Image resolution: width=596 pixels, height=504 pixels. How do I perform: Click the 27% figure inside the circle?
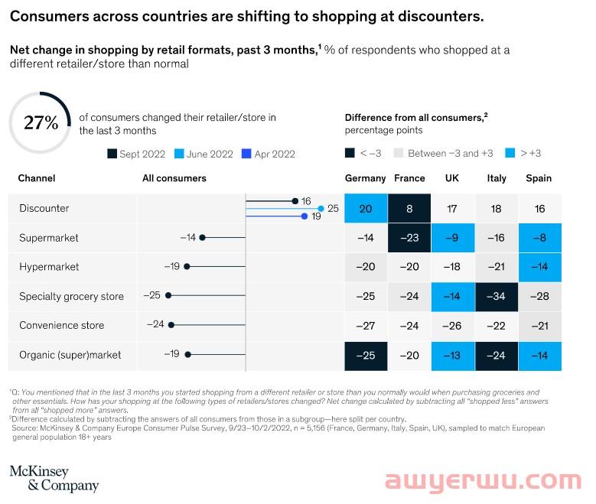[x=41, y=122]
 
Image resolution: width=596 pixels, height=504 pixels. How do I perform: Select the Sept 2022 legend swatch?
[x=112, y=154]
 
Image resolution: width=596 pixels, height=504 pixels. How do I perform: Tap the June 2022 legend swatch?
[x=180, y=154]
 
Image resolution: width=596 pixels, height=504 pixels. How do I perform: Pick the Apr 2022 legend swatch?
[x=247, y=154]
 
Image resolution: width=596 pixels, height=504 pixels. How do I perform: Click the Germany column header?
[x=365, y=178]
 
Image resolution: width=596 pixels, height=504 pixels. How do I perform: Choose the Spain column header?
[x=539, y=178]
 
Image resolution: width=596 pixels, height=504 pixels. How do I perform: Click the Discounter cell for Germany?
[x=365, y=208]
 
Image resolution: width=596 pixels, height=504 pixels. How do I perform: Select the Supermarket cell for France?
[x=409, y=238]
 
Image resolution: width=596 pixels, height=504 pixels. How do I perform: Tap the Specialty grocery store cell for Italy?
[x=497, y=296]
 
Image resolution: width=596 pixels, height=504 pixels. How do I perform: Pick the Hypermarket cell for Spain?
[x=539, y=267]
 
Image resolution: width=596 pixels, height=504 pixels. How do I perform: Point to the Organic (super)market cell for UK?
[x=452, y=355]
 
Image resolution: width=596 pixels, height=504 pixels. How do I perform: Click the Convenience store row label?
[x=61, y=325]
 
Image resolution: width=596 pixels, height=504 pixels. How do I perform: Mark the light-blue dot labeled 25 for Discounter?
[x=321, y=208]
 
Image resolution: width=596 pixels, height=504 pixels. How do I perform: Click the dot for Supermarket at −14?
[x=202, y=238]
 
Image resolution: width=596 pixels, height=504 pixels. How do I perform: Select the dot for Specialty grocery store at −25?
[x=168, y=296]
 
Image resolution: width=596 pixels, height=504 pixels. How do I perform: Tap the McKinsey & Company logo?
[x=54, y=478]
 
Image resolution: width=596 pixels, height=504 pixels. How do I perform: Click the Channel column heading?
[x=37, y=178]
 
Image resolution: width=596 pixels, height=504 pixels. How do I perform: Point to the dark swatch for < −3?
[x=350, y=153]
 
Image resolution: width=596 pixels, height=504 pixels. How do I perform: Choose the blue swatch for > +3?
[x=513, y=153]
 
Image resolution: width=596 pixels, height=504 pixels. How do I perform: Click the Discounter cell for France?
[x=409, y=208]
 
